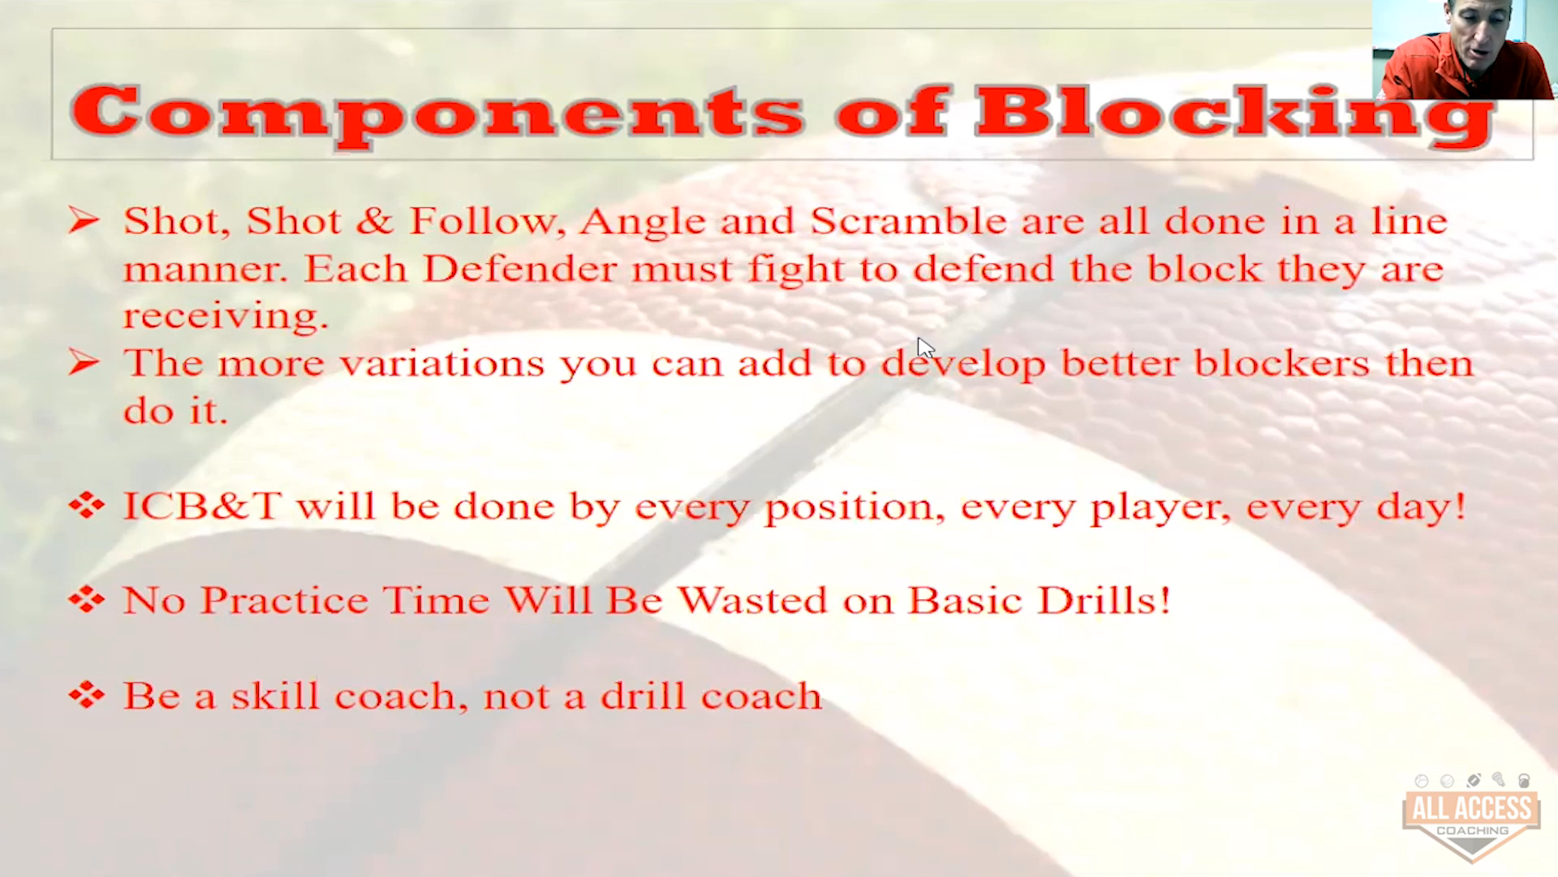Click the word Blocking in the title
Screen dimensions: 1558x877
[1235, 116]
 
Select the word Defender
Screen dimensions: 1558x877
[520, 269]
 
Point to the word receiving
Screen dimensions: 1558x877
[226, 316]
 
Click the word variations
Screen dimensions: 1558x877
[442, 363]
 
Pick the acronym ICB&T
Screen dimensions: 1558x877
[202, 506]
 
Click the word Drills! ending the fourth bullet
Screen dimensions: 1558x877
[1104, 600]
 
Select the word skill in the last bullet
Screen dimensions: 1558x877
[274, 696]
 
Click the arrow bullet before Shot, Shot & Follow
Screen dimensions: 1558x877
[84, 219]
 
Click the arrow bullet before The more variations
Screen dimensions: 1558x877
[84, 362]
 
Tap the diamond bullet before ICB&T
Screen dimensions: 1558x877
[87, 505]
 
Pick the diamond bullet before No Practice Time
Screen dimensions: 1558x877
[87, 599]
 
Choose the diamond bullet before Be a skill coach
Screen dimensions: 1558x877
[87, 695]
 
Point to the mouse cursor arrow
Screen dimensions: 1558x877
[925, 348]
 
